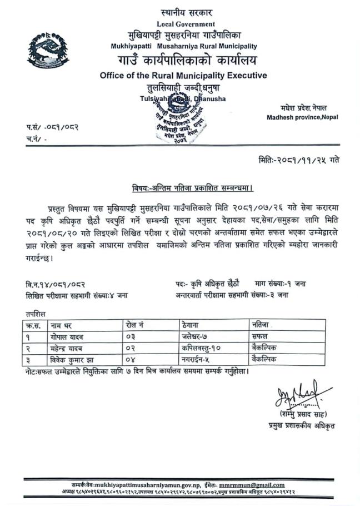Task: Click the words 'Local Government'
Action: coord(186,24)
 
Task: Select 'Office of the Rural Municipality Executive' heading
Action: coord(183,76)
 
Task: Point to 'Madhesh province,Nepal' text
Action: coord(302,117)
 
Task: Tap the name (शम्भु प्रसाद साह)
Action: coord(304,415)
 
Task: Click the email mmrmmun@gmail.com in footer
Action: coord(252,485)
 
